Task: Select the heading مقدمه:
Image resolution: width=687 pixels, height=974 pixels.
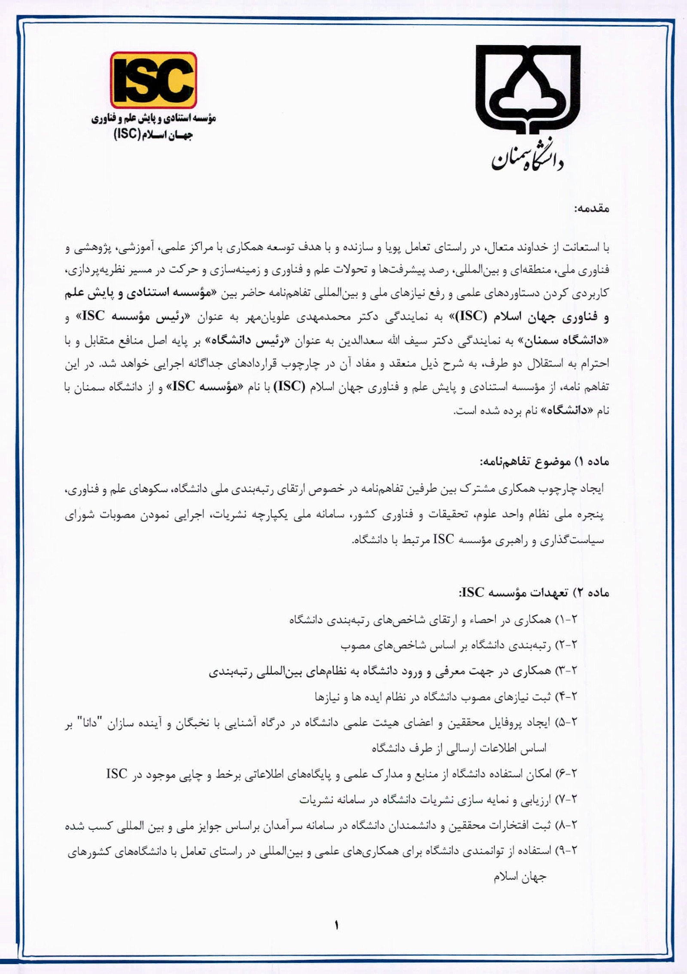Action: pos(592,209)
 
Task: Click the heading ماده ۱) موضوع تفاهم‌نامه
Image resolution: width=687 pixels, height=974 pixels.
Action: pos(544,462)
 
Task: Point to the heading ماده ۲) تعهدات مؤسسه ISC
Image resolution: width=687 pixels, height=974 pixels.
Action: pos(534,593)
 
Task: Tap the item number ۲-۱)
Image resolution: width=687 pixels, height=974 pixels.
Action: pos(567,620)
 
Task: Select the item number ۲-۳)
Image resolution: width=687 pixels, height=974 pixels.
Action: pos(567,671)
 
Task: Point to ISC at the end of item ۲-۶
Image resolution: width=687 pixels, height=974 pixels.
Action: pos(117,774)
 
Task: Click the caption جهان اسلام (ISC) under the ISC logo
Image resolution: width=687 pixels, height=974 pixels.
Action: pos(153,135)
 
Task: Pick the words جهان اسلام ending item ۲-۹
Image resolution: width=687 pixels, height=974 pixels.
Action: pos(520,877)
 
